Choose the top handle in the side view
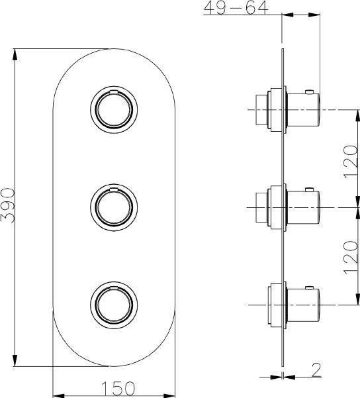(x=302, y=109)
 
